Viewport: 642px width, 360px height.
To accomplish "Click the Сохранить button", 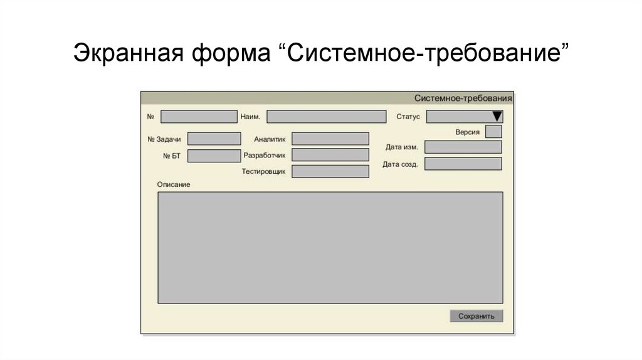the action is tap(476, 316).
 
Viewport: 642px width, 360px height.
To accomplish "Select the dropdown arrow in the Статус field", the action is tap(497, 116).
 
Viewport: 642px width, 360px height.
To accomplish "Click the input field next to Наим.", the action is tap(326, 117).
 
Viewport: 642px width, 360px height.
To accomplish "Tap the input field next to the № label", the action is tap(199, 117).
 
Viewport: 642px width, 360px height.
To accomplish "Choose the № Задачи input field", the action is tap(214, 139).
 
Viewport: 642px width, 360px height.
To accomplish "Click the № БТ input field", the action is tap(214, 156).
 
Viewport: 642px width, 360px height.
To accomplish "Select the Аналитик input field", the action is tap(330, 139).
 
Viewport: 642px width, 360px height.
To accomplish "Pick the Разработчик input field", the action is tap(330, 154).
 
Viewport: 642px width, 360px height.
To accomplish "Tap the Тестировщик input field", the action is tap(330, 171).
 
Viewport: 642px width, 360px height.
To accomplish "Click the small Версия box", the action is tap(493, 132).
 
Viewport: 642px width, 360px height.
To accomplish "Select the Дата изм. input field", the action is tap(463, 147).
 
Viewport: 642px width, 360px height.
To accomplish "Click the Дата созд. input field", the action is tap(463, 164).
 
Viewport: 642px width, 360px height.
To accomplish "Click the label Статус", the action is tap(408, 117).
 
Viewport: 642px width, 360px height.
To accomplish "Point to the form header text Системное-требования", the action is tap(463, 98).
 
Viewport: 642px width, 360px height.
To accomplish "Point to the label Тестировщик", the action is tap(263, 171).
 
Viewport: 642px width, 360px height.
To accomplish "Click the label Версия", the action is tap(468, 132).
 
